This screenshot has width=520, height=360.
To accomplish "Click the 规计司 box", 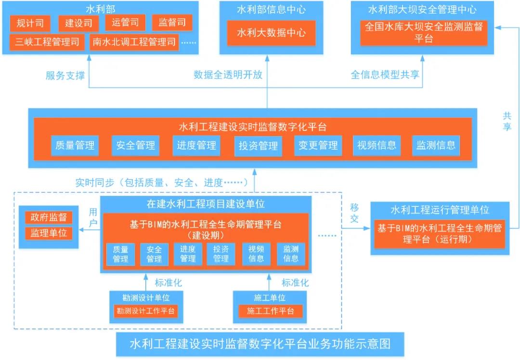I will click(x=30, y=23).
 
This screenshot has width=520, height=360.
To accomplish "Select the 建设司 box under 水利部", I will click(x=78, y=23).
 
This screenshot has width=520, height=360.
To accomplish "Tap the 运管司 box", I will click(x=125, y=23).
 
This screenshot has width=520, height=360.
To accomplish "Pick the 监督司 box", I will click(x=172, y=23).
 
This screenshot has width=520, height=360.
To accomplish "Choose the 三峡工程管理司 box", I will click(x=47, y=42).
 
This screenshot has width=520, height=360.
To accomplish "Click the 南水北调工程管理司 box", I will click(x=133, y=42).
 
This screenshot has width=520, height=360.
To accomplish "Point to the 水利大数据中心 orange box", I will click(x=271, y=33).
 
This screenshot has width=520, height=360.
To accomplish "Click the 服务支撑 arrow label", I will click(x=65, y=76).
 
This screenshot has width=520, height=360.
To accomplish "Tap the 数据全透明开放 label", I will click(x=228, y=75).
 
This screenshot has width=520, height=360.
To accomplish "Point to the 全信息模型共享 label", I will click(x=385, y=75).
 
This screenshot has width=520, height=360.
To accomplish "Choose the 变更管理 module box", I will click(x=318, y=145).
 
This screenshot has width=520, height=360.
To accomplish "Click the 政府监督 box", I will click(x=49, y=217).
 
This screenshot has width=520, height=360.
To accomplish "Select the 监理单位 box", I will click(x=49, y=233).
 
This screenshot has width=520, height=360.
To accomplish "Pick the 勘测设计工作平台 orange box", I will click(x=145, y=311).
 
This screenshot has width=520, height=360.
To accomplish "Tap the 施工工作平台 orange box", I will click(x=270, y=311).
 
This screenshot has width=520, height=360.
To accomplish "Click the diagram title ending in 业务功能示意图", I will click(x=260, y=345).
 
